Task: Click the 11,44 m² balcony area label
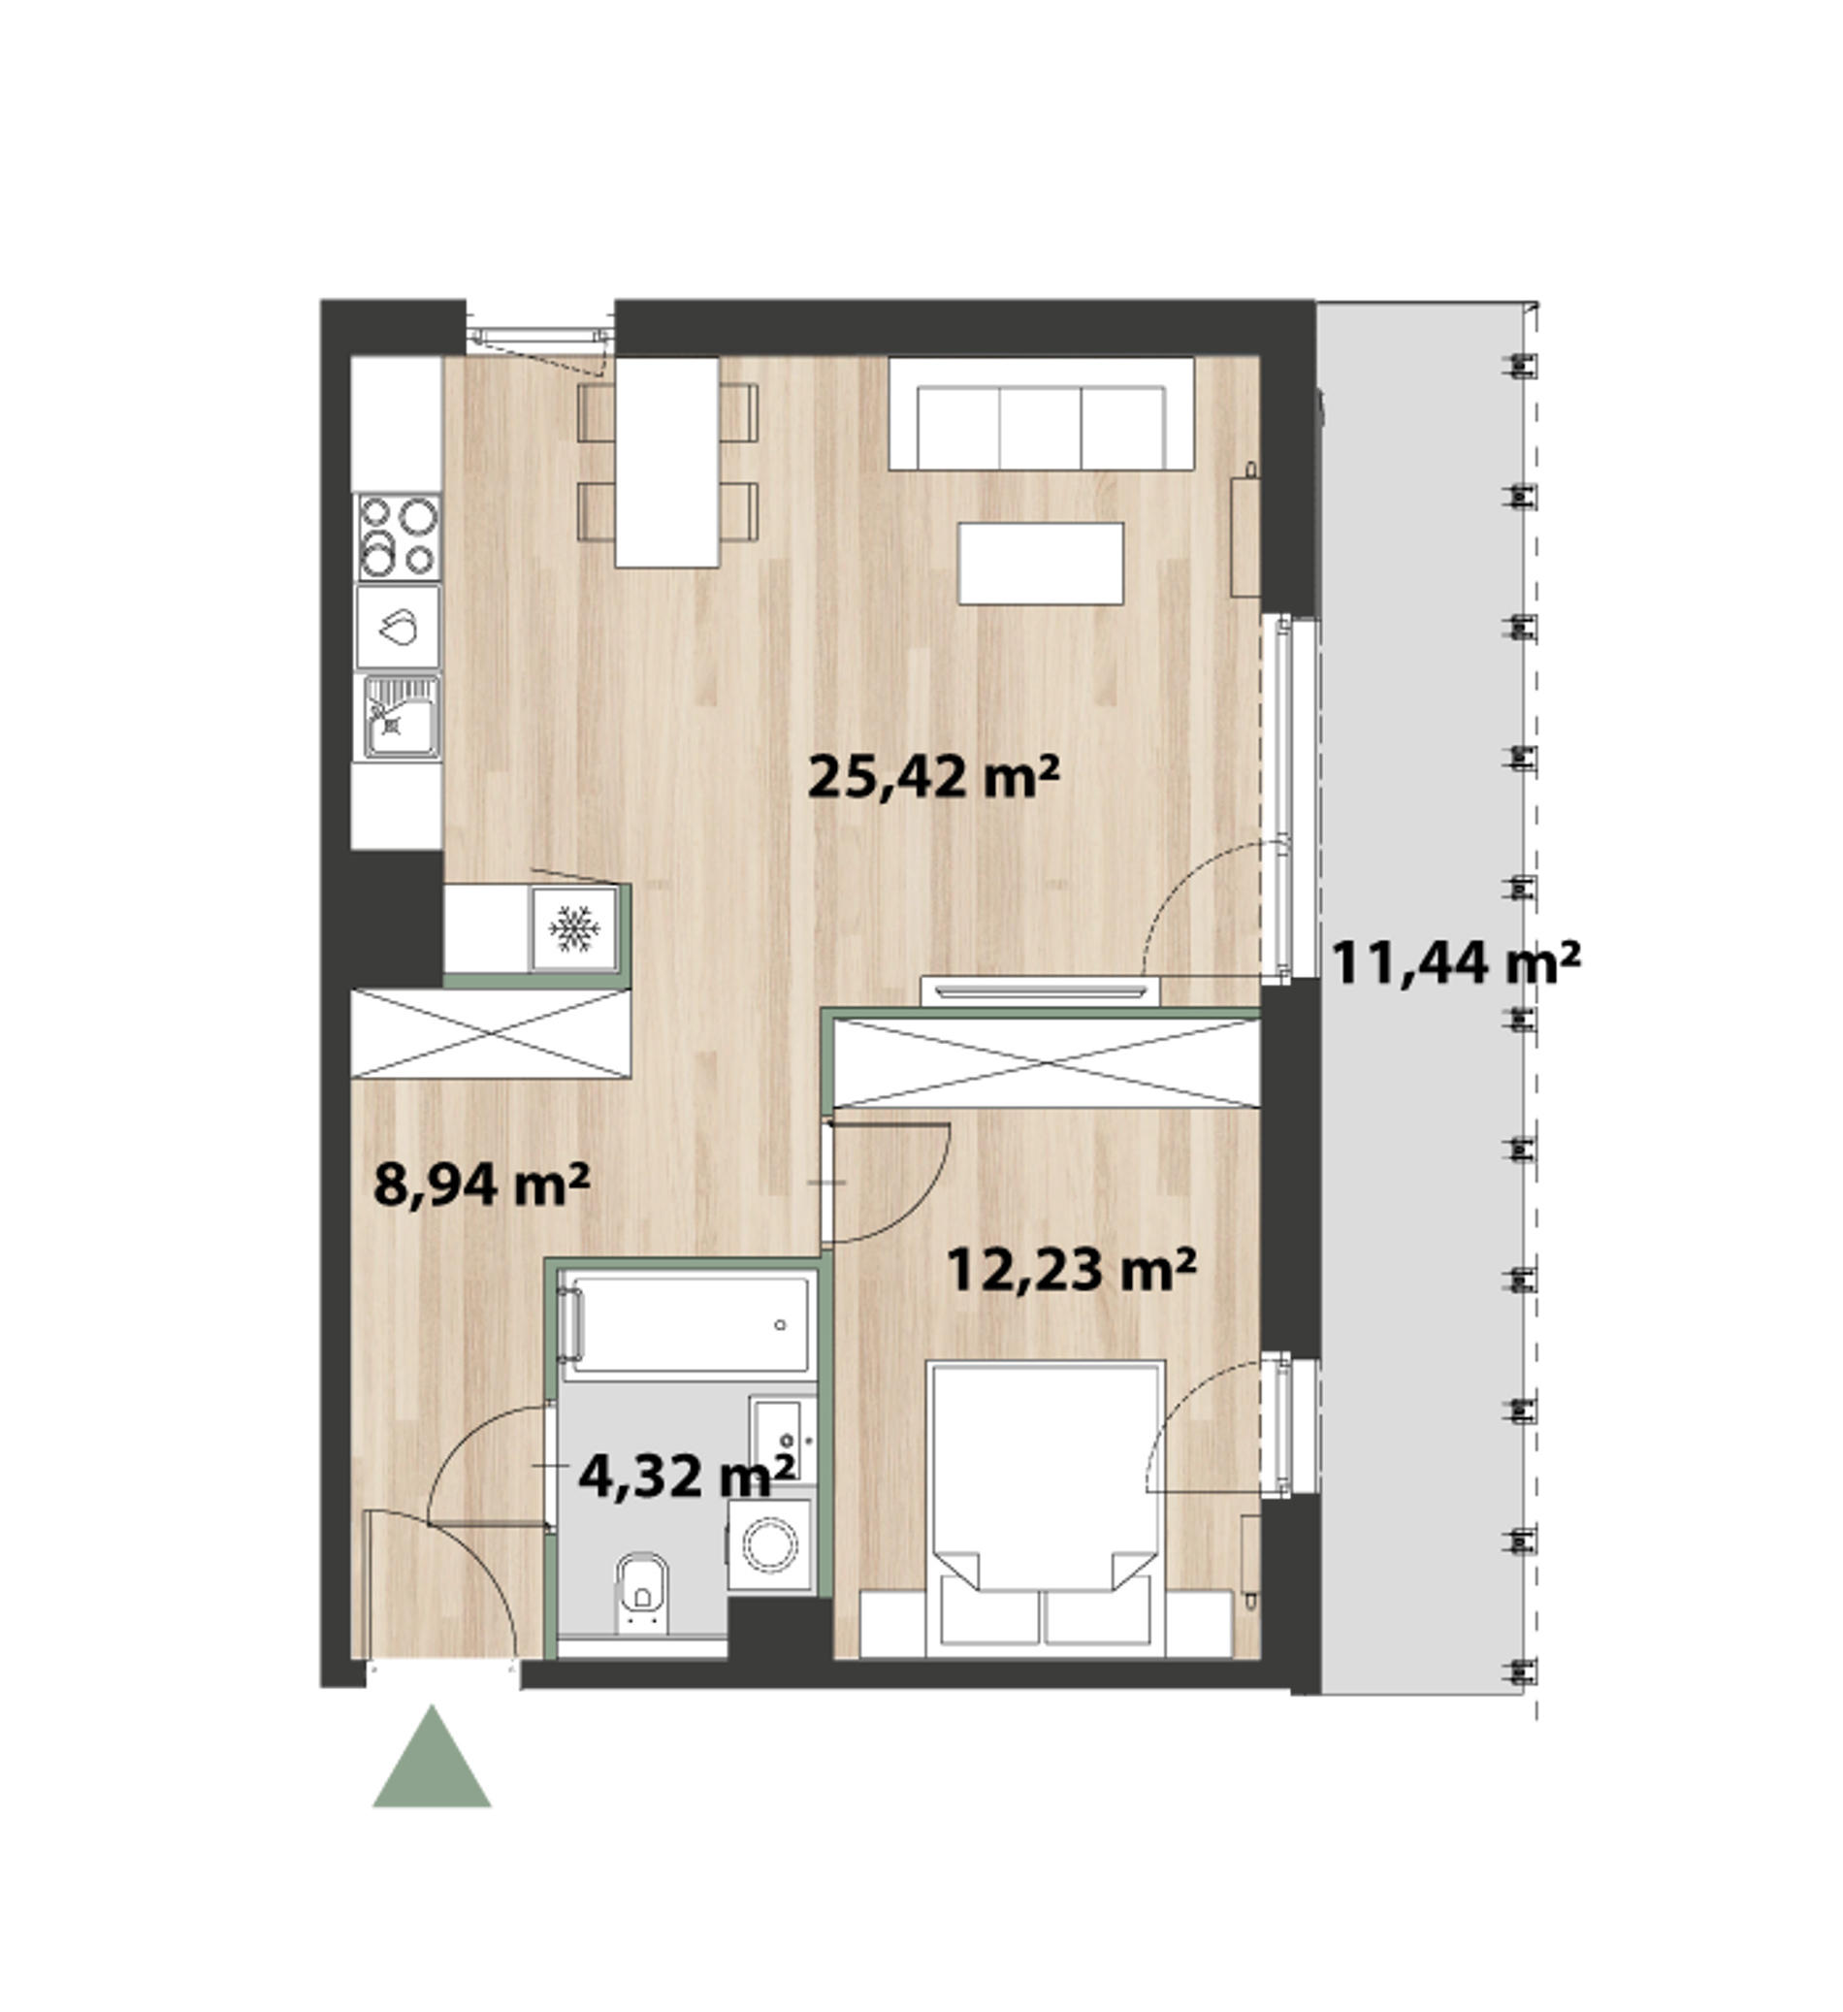(x=1456, y=963)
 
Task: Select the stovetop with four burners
(x=398, y=535)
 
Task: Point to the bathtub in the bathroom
(x=688, y=1324)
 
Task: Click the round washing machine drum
(x=771, y=1545)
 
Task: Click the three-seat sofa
(x=1041, y=413)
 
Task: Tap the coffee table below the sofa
(x=1041, y=563)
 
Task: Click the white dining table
(x=666, y=461)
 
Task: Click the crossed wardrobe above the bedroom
(x=1047, y=1063)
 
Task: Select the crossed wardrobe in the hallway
(x=491, y=1033)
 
